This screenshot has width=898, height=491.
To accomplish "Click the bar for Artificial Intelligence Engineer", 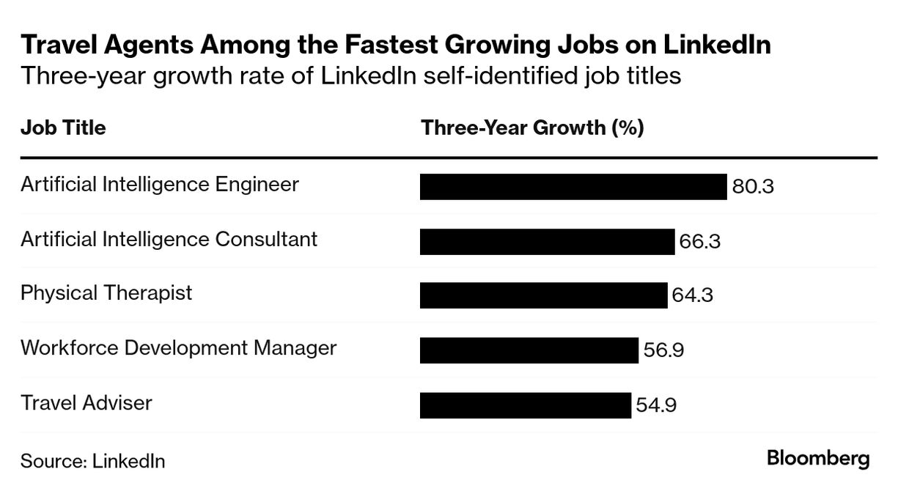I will click(x=573, y=186).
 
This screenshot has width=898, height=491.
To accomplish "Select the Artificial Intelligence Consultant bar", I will click(x=547, y=241).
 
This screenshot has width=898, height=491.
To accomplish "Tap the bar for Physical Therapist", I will click(x=543, y=295).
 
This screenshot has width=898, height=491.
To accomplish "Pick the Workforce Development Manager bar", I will click(x=529, y=350).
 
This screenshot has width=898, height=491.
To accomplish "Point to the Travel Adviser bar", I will click(x=525, y=405).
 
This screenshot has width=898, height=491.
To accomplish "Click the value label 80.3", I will click(x=753, y=187).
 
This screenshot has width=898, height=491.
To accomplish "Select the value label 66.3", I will click(x=700, y=241).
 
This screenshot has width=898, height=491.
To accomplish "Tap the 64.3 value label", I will click(x=693, y=296).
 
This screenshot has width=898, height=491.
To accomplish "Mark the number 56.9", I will click(x=663, y=350).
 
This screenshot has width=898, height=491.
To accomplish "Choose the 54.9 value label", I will click(x=656, y=405).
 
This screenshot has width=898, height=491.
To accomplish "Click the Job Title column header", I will click(x=63, y=128).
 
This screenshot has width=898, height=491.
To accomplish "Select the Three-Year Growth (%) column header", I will click(x=532, y=128).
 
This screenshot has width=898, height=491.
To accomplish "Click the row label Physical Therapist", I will click(x=106, y=293).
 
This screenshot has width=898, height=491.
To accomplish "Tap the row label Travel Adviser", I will click(x=87, y=402).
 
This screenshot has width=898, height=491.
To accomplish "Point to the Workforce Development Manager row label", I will click(x=178, y=347).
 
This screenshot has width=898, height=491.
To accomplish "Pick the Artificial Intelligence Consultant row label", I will click(x=169, y=239).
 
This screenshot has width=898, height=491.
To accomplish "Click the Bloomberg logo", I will click(x=818, y=459).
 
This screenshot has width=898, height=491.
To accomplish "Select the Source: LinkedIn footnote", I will click(x=92, y=461).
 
